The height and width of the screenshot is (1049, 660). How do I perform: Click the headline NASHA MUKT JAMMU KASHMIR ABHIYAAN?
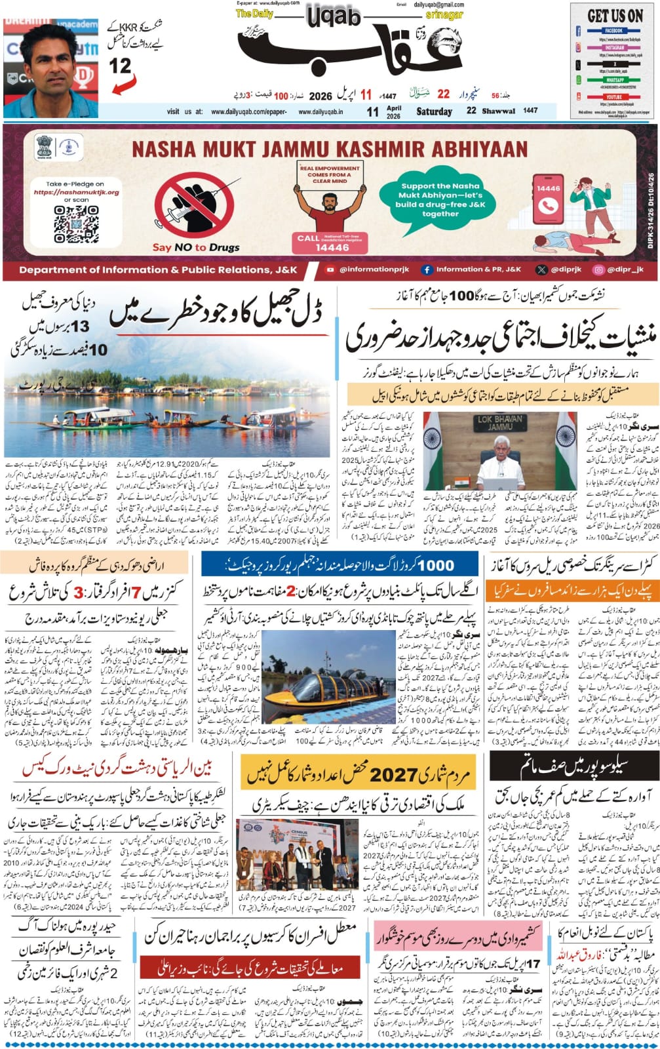(x=330, y=148)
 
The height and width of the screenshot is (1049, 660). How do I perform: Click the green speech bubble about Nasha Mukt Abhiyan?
(x=440, y=200)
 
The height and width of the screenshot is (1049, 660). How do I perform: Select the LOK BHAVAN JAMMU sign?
(x=502, y=424)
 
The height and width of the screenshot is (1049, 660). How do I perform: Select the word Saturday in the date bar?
(x=434, y=111)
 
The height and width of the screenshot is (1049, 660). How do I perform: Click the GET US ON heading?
(x=614, y=16)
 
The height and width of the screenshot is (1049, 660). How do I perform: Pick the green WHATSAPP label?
(x=614, y=80)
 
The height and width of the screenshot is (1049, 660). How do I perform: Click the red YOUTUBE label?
(x=614, y=96)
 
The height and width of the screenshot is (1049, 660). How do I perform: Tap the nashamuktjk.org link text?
(x=76, y=193)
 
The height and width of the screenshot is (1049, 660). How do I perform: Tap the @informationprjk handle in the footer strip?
(x=371, y=269)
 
